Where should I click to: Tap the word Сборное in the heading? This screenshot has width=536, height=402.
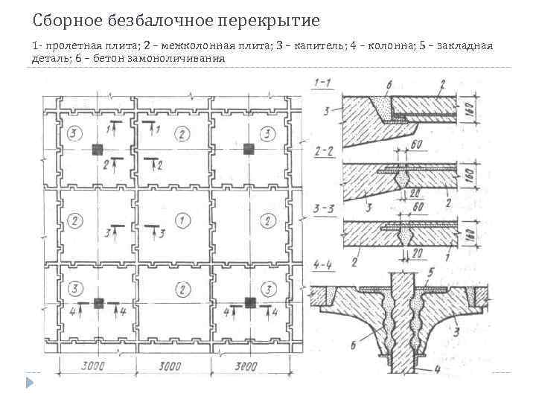(x=65, y=19)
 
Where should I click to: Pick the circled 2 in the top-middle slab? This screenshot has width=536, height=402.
(x=180, y=134)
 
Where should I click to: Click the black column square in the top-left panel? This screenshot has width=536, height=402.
(x=97, y=150)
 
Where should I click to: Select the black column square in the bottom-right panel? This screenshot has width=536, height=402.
(x=250, y=302)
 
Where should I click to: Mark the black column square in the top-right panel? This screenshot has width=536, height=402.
(x=250, y=150)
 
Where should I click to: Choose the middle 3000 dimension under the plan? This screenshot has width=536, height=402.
(x=171, y=366)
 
